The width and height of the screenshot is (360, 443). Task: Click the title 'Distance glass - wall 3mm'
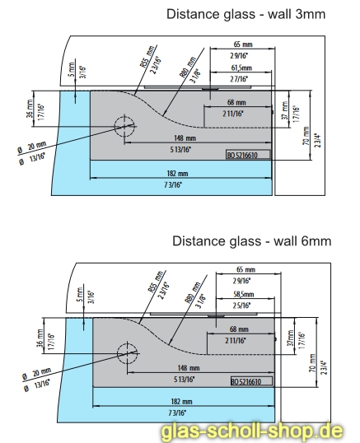(x=245, y=14)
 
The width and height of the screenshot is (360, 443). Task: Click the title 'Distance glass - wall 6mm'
(x=252, y=241)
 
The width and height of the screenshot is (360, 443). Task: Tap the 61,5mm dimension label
(x=241, y=68)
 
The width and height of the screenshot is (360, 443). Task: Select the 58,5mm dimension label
(x=244, y=294)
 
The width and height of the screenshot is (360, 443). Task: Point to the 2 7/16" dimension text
(x=239, y=79)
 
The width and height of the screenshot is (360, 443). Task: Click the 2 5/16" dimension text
(x=241, y=305)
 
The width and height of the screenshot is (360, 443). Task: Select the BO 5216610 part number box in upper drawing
(x=248, y=155)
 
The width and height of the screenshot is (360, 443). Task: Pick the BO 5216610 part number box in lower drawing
(x=252, y=381)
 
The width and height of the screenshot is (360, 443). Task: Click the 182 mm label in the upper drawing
(x=177, y=173)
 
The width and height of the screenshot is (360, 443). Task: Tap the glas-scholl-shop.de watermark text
(x=252, y=432)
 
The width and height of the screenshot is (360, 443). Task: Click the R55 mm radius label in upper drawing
(x=147, y=57)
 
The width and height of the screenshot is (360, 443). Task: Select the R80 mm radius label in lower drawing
(x=193, y=292)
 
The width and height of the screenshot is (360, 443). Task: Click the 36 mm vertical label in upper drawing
(x=30, y=109)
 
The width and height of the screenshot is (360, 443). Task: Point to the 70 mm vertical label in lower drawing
(x=312, y=363)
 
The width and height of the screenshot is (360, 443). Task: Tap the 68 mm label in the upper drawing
(x=236, y=102)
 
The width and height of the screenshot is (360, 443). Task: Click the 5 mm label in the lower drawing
(x=80, y=295)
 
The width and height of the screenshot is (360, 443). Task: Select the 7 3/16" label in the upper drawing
(x=173, y=185)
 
